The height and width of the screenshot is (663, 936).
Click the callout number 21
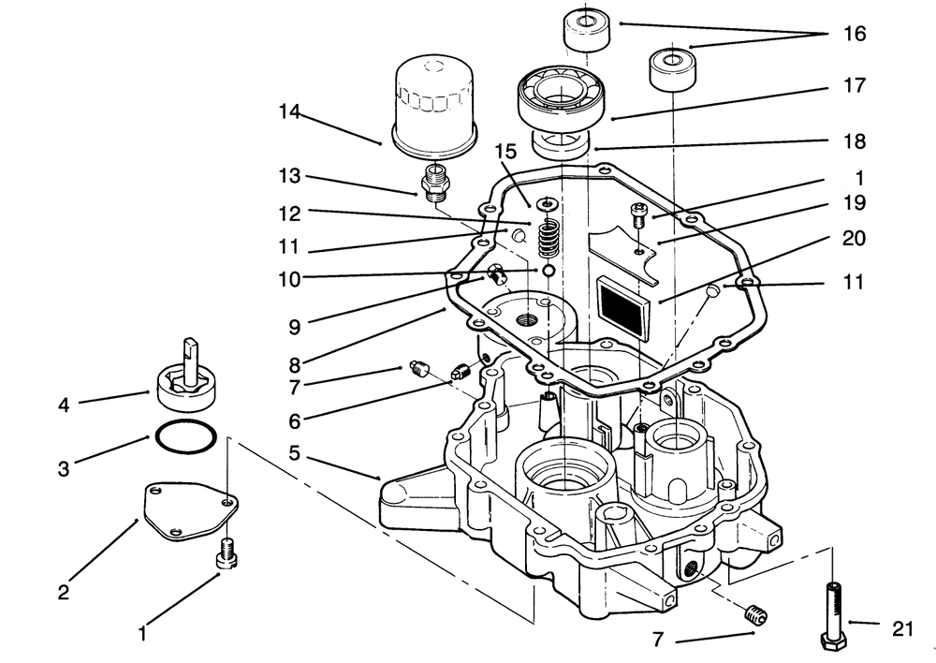902,629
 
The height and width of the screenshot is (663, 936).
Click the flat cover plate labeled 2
187,511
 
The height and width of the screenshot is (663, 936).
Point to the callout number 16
855,35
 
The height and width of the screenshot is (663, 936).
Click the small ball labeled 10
547,271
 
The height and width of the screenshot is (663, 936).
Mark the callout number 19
855,203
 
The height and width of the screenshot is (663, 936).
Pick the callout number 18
855,142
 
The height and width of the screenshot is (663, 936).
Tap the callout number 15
505,152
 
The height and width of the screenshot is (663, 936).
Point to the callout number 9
293,329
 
